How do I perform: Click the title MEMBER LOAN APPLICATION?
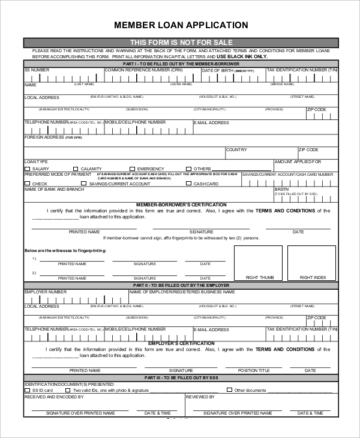point(181,25)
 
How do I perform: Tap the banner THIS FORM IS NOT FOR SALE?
point(181,42)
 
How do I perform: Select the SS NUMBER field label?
point(37,70)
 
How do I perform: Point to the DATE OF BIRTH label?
point(217,70)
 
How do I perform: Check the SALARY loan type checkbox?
point(27,169)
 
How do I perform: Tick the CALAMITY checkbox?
point(76,169)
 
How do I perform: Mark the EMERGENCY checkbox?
point(133,169)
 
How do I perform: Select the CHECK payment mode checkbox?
point(27,184)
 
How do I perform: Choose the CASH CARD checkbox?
point(189,184)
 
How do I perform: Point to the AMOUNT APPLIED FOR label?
point(298,162)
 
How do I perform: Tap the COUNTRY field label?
point(236,149)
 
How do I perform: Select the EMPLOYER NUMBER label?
point(45,292)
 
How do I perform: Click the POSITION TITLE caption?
point(254,370)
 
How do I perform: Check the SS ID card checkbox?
point(27,390)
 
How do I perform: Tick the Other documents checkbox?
point(229,390)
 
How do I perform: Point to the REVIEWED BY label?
point(200,397)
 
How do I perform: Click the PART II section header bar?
point(181,285)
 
